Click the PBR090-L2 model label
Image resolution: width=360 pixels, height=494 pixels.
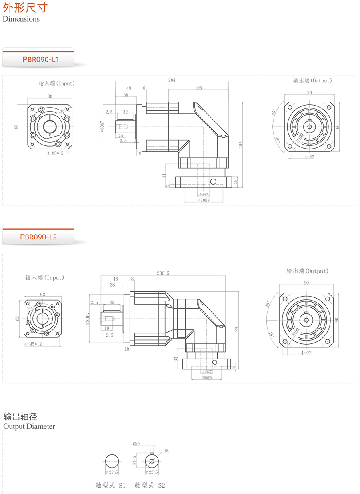38,237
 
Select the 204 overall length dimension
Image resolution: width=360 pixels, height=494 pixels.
172,80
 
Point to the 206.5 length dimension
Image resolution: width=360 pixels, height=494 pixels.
163,273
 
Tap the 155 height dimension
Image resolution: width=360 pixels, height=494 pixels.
240,145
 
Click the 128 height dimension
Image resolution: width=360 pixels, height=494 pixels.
236,330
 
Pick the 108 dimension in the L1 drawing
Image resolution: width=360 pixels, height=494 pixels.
198,88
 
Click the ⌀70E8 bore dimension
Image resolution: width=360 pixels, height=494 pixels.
204,200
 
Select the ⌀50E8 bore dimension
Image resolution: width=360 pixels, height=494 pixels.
206,377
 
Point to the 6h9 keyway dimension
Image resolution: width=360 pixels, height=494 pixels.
136,444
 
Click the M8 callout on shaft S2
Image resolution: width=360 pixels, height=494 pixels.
167,451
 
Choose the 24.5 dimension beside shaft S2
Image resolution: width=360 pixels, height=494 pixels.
135,460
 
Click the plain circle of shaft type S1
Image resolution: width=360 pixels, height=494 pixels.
112,461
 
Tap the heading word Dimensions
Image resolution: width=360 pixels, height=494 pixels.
21,19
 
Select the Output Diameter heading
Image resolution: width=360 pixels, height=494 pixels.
29,426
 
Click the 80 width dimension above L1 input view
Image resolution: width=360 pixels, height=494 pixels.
50,96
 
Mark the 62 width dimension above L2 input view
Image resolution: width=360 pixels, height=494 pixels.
43,294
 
